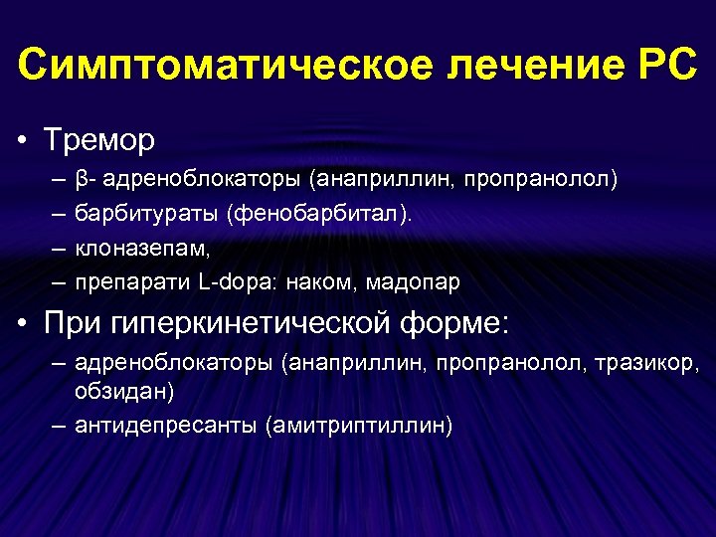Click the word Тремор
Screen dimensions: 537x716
click(x=98, y=140)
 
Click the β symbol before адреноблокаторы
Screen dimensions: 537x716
click(x=81, y=180)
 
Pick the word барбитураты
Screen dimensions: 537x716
click(x=146, y=214)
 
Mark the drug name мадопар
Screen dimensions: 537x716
click(x=413, y=281)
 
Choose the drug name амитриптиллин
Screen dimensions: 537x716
click(x=358, y=426)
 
